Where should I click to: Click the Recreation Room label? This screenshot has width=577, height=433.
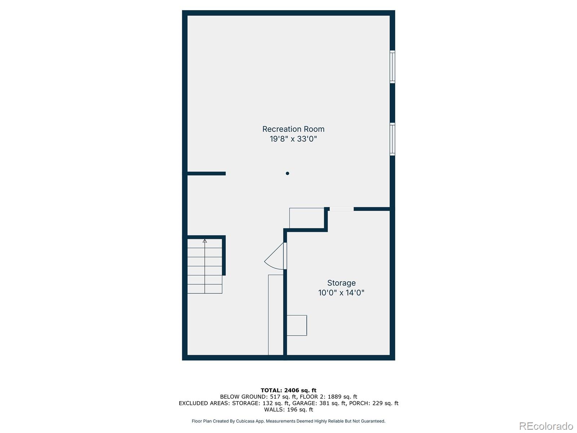[293, 129]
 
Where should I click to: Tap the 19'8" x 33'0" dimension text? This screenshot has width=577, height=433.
[293, 139]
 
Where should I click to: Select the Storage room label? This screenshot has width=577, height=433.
[341, 283]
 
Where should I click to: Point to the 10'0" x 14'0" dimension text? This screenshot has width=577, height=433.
[341, 293]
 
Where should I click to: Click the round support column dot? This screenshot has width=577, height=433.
[287, 174]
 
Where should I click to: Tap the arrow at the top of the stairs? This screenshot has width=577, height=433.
[205, 241]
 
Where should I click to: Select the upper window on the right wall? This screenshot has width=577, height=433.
[392, 67]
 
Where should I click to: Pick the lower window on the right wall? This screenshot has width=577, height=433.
[392, 139]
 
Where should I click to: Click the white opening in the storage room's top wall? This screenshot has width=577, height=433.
[342, 209]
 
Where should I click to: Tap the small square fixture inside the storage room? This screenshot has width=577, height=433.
[297, 325]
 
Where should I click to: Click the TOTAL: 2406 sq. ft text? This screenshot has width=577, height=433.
[288, 390]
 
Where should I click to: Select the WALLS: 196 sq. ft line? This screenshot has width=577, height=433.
[288, 410]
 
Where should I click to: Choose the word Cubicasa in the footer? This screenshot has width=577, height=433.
[246, 421]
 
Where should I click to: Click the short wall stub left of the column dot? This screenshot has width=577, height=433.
[206, 174]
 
